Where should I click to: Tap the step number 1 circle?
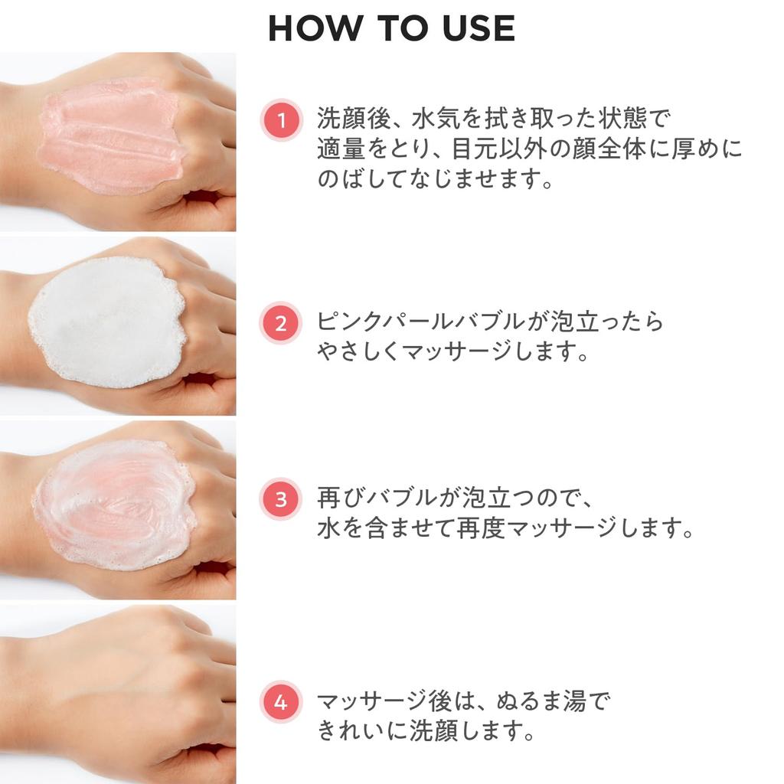click(281, 120)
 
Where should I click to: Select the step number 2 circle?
click(281, 323)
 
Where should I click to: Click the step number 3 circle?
click(281, 499)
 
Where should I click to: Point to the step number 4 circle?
click(281, 702)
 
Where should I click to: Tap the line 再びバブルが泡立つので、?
click(456, 498)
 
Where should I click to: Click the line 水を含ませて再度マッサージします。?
click(505, 529)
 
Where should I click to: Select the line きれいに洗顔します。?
click(426, 731)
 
